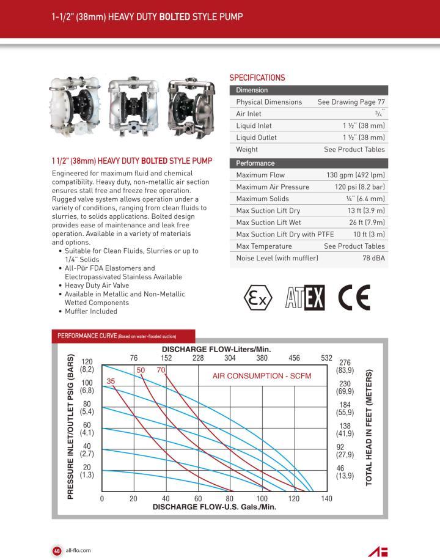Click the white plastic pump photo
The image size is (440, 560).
[76, 108]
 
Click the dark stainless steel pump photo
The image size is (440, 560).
[190, 108]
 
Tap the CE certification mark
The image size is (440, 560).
[355, 298]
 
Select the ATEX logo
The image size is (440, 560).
[306, 298]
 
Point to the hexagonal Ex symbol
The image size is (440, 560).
[257, 298]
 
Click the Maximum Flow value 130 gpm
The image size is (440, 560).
[355, 175]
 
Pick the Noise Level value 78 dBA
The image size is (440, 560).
[373, 258]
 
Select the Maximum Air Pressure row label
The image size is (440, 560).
[273, 187]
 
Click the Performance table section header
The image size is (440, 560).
[255, 163]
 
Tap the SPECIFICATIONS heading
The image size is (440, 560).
[257, 78]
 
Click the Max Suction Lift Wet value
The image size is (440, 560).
[367, 223]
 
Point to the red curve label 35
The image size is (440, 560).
[111, 381]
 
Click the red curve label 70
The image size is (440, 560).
[161, 370]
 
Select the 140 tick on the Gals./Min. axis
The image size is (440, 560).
[327, 499]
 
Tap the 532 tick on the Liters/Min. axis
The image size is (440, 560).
[326, 358]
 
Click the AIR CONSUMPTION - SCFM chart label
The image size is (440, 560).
[262, 375]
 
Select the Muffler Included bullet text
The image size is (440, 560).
[91, 311]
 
